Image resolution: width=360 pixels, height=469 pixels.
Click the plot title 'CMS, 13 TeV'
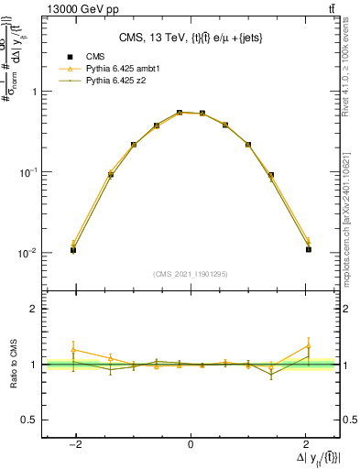(191, 38)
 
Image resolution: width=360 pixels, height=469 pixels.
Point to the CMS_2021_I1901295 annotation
(190, 274)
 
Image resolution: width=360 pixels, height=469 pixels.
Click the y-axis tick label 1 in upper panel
(34, 92)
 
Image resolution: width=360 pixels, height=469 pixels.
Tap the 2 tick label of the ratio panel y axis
(34, 310)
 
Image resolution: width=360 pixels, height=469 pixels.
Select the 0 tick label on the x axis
(191, 444)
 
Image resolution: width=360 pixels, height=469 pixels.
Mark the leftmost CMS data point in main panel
(73, 249)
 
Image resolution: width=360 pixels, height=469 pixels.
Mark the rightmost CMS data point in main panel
(309, 249)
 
